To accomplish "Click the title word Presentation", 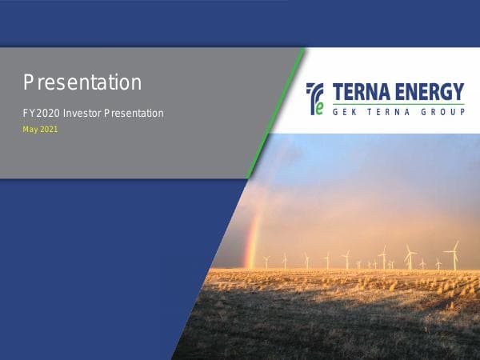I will [82, 82].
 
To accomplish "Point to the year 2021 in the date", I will [50, 130].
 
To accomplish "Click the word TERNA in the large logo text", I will [361, 90].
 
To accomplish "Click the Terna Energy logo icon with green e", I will [316, 98].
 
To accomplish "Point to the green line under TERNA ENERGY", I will [395, 103].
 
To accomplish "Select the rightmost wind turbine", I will [454, 255].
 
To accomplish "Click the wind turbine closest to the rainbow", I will [266, 261].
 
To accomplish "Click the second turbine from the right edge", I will [438, 263].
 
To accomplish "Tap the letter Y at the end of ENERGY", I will [458, 90].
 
